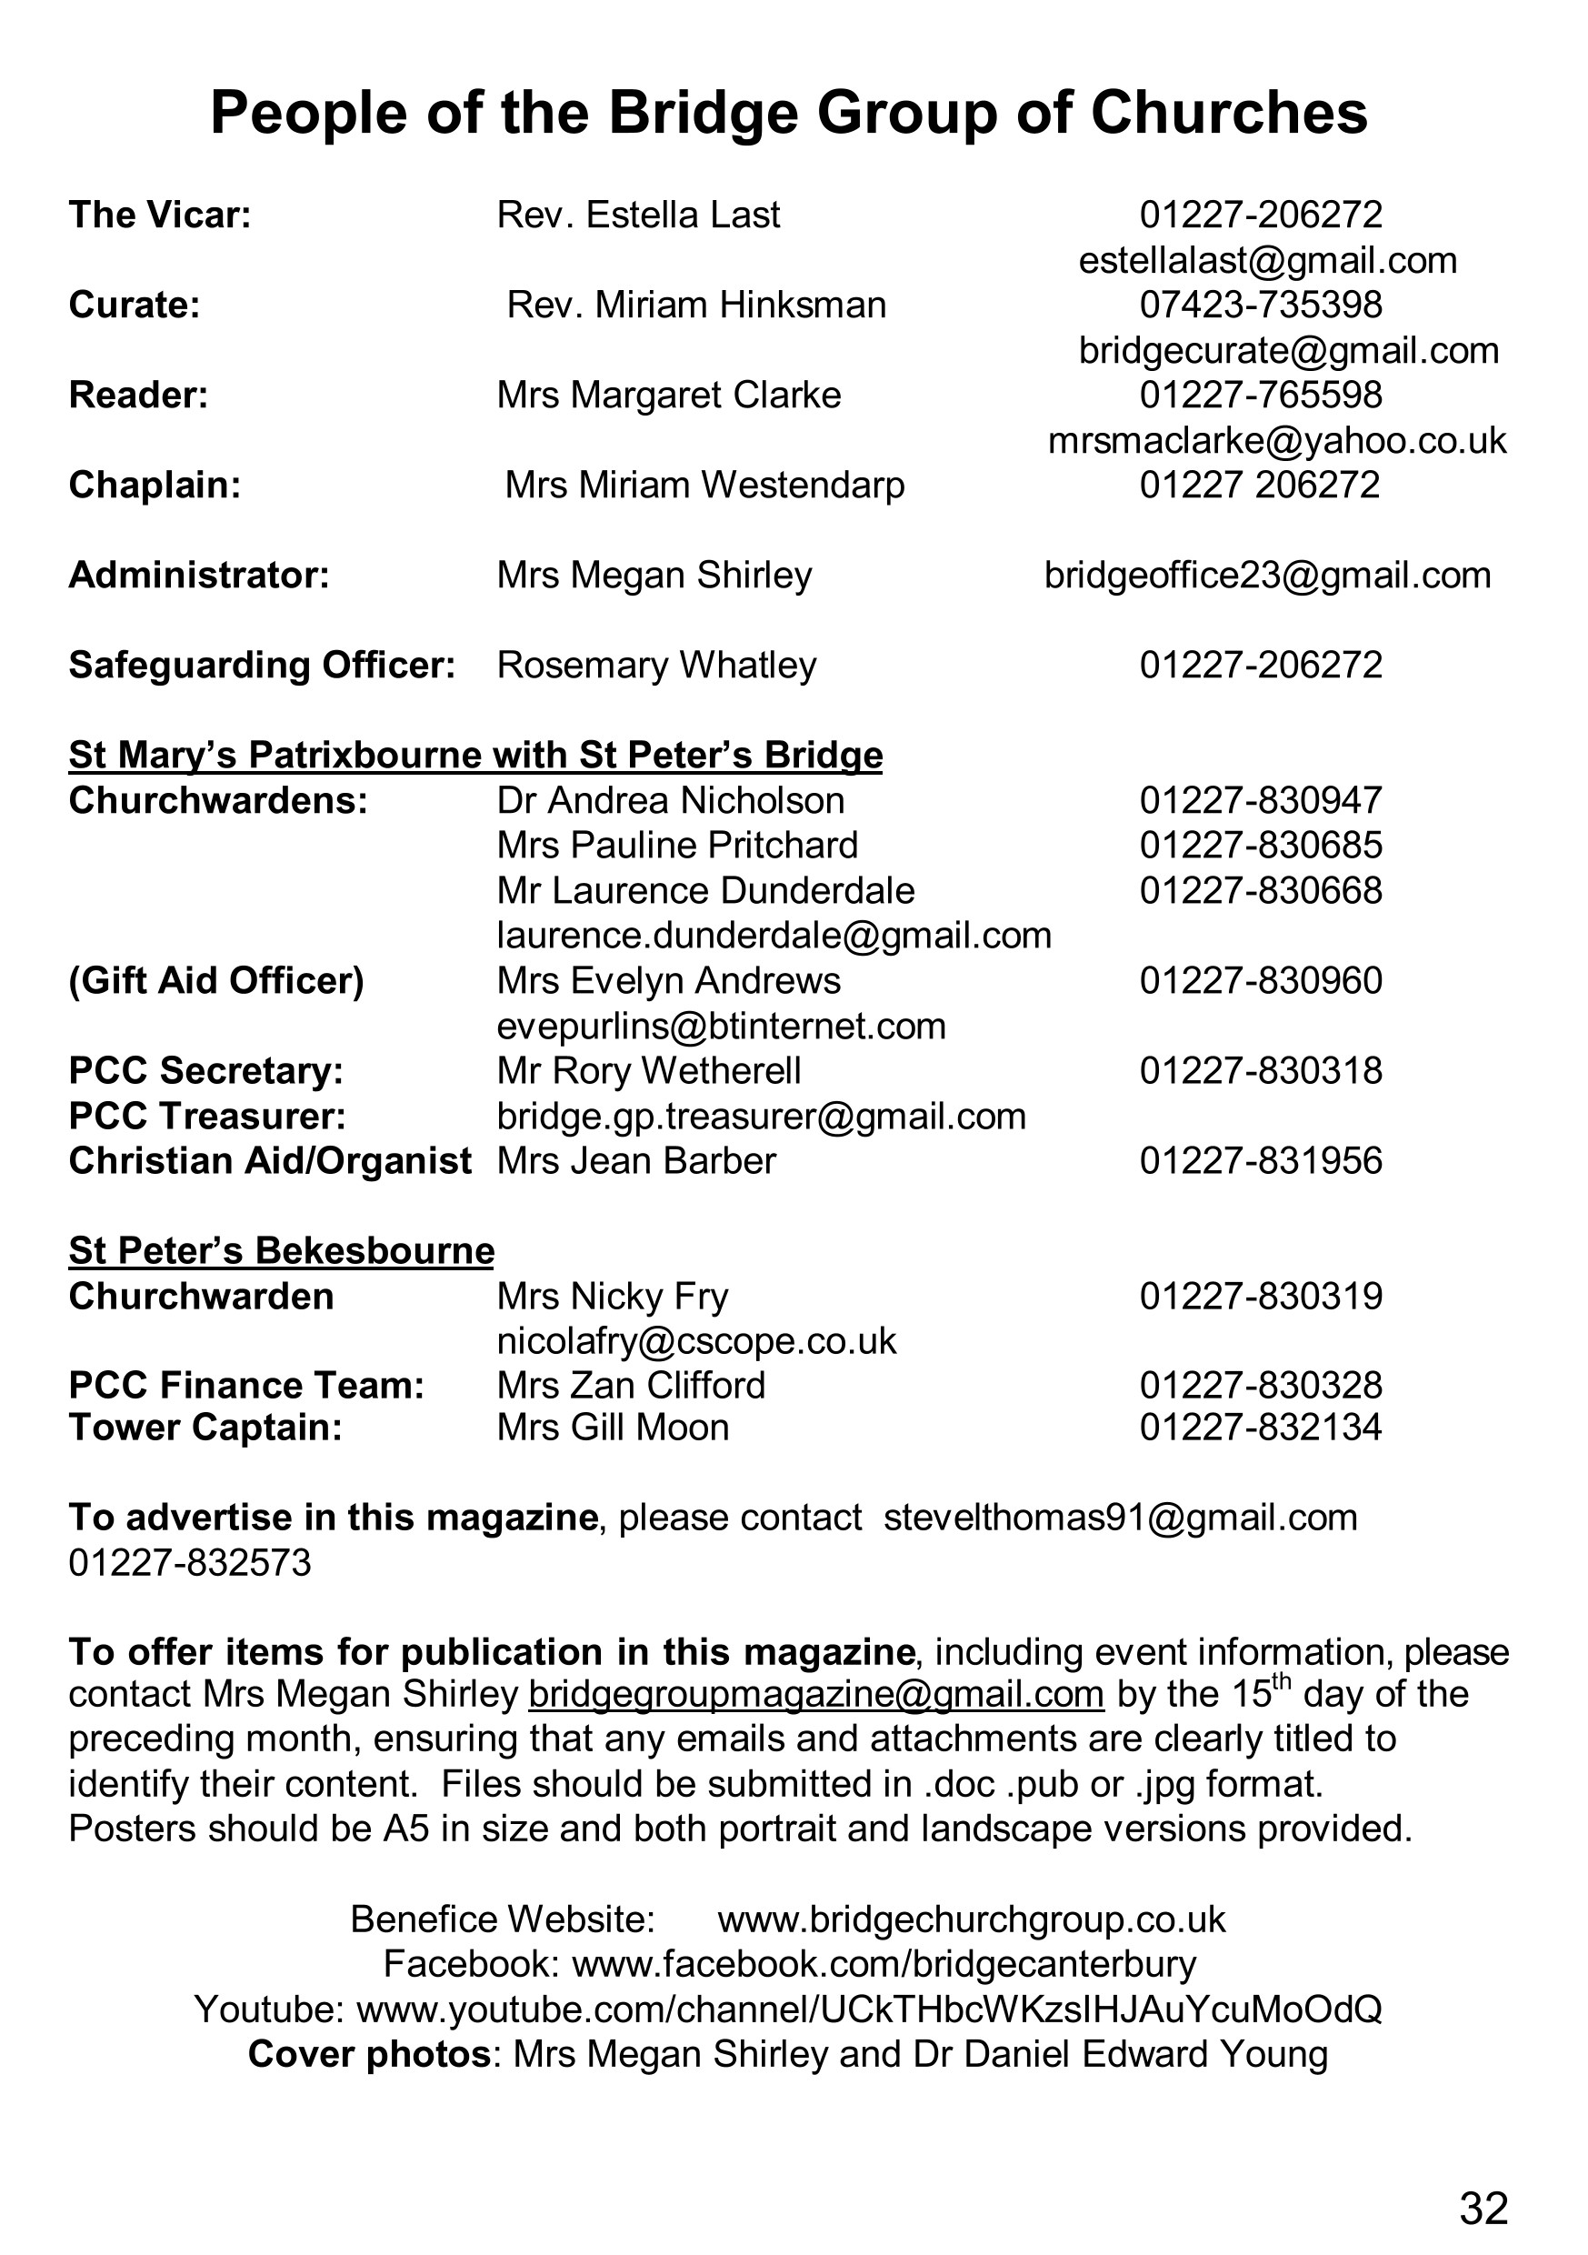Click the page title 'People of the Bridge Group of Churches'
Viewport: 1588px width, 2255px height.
pyautogui.click(x=789, y=113)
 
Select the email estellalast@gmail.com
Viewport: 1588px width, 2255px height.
pyautogui.click(x=1267, y=260)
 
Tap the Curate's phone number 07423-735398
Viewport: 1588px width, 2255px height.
pyautogui.click(x=1260, y=306)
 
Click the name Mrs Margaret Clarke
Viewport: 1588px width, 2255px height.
pyautogui.click(x=669, y=396)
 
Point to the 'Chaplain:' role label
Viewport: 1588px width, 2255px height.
pyautogui.click(x=155, y=486)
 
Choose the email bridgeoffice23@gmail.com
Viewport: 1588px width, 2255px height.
pyautogui.click(x=1267, y=576)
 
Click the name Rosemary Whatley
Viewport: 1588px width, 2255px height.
pyautogui.click(x=656, y=666)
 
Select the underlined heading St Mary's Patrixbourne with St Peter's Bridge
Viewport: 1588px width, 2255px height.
pyautogui.click(x=475, y=756)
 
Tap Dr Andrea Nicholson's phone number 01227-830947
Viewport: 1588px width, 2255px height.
pyautogui.click(x=1260, y=800)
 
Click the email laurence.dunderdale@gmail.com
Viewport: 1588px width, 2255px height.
pyautogui.click(x=774, y=936)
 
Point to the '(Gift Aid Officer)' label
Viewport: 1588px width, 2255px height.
pyautogui.click(x=216, y=981)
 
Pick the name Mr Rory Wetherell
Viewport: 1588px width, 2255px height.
pyautogui.click(x=648, y=1070)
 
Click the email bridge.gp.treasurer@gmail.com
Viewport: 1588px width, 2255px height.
pyautogui.click(x=761, y=1117)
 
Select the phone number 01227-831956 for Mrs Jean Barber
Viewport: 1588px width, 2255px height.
pyautogui.click(x=1260, y=1161)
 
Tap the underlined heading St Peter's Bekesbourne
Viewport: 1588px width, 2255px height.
pyautogui.click(x=281, y=1251)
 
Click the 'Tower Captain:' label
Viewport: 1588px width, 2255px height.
pyautogui.click(x=205, y=1427)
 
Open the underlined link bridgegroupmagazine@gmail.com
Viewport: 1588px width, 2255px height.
pyautogui.click(x=815, y=1695)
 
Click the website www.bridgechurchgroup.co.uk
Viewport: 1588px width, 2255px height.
pyautogui.click(x=972, y=1920)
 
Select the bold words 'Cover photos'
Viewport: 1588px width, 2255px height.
pyautogui.click(x=368, y=2055)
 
